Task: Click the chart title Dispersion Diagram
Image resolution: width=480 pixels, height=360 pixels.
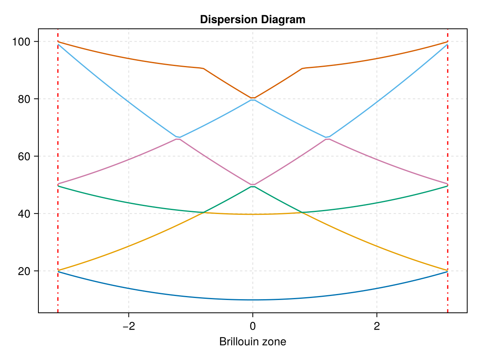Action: pyautogui.click(x=252, y=19)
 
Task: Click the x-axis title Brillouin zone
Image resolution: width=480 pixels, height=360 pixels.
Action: pyautogui.click(x=252, y=342)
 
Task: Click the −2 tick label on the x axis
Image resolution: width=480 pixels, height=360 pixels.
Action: pyautogui.click(x=128, y=326)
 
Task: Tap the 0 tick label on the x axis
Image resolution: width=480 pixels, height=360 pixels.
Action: pyautogui.click(x=252, y=326)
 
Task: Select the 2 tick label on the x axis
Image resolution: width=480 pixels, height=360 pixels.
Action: pyautogui.click(x=377, y=326)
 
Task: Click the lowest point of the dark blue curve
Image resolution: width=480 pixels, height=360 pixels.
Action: pyautogui.click(x=252, y=300)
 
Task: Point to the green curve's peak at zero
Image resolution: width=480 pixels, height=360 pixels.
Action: pyautogui.click(x=252, y=186)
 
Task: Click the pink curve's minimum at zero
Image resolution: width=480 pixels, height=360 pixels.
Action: pyautogui.click(x=252, y=184)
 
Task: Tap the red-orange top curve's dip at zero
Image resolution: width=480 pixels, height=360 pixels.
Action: pyautogui.click(x=252, y=98)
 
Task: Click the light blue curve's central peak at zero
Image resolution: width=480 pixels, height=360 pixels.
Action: pyautogui.click(x=252, y=100)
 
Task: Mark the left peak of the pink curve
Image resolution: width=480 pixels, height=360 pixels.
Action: pyautogui.click(x=178, y=139)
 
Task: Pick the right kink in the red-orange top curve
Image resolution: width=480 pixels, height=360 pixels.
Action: pyautogui.click(x=302, y=68)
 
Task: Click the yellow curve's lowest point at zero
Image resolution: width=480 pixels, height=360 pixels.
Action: pyautogui.click(x=252, y=214)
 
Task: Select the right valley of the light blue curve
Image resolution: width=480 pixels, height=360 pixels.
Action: pyautogui.click(x=327, y=137)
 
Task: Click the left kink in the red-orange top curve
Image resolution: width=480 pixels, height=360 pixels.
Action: pyautogui.click(x=203, y=68)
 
